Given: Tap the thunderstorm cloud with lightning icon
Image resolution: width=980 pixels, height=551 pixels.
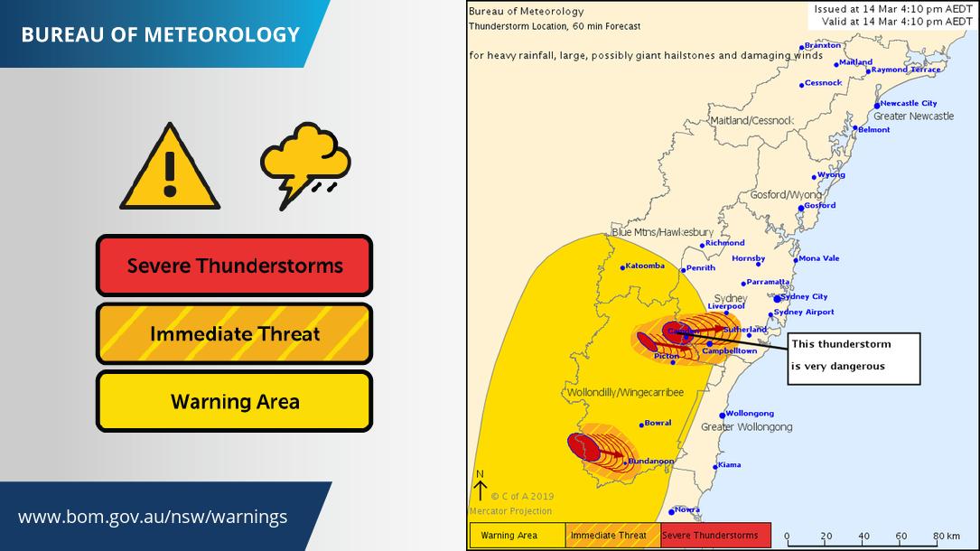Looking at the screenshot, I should pyautogui.click(x=305, y=163).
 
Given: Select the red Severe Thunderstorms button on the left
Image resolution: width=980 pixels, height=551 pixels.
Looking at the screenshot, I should pyautogui.click(x=235, y=266).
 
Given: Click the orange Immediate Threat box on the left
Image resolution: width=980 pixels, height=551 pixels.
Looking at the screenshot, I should pyautogui.click(x=235, y=334).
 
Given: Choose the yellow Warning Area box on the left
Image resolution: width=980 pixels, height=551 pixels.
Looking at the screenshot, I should pyautogui.click(x=235, y=401).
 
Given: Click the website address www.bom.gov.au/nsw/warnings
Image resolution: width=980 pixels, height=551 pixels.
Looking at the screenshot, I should pyautogui.click(x=153, y=517).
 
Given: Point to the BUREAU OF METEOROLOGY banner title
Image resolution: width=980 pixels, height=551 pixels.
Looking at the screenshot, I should pyautogui.click(x=160, y=34).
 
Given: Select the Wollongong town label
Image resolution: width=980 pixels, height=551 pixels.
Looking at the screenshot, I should pyautogui.click(x=750, y=413).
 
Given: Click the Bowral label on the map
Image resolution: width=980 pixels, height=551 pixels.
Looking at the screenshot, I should pyautogui.click(x=658, y=423).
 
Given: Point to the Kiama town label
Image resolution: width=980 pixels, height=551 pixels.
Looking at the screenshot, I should pyautogui.click(x=729, y=465).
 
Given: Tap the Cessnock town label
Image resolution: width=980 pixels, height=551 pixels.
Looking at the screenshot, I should pyautogui.click(x=823, y=83).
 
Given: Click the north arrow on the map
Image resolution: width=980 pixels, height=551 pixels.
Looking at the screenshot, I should pyautogui.click(x=481, y=488).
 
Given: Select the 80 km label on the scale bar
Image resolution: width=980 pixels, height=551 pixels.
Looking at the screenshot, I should pyautogui.click(x=946, y=537).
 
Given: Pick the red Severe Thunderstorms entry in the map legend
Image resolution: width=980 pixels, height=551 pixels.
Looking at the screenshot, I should pyautogui.click(x=714, y=536).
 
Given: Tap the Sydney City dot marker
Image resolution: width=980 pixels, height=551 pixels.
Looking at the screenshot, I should pyautogui.click(x=777, y=298).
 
